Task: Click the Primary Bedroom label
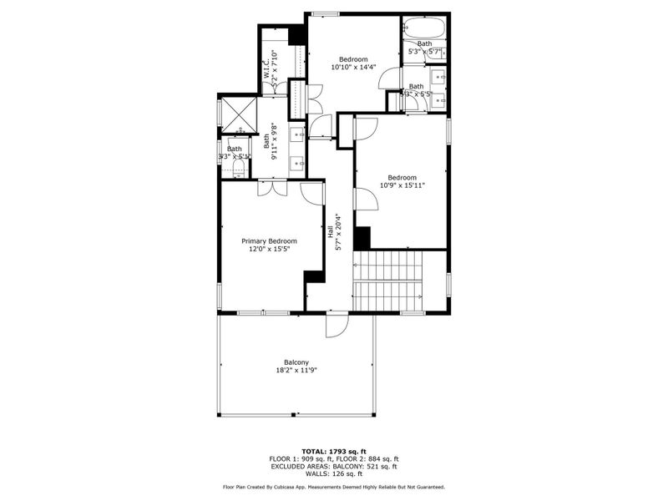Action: [269, 241]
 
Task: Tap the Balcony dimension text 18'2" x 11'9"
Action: [296, 371]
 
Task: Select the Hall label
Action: [331, 230]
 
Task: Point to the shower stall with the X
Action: [237, 115]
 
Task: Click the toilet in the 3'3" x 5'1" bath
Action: [238, 170]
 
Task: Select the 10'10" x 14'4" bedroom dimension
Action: [353, 68]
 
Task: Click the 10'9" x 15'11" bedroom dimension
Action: [402, 185]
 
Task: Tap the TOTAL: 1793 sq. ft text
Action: [333, 452]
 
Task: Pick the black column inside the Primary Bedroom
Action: [314, 276]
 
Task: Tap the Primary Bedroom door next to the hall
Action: [312, 193]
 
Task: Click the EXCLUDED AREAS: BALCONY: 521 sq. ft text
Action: [333, 466]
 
